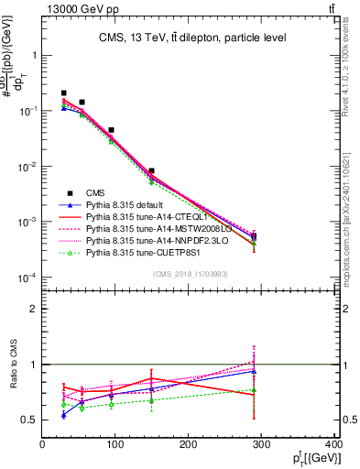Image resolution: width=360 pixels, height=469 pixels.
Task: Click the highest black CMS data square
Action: pos(63,93)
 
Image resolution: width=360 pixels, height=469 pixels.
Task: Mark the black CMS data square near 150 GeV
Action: pos(151,170)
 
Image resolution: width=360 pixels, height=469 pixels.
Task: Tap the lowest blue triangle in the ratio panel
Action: pos(63,415)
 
